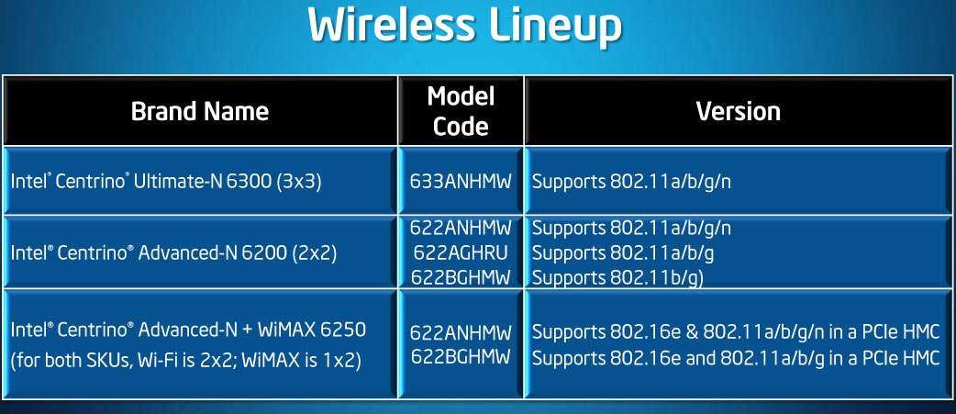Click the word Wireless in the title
click(392, 26)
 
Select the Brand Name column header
click(200, 112)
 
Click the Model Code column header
click(461, 111)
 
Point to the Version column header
click(739, 112)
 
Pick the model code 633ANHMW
click(461, 182)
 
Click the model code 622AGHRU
click(461, 252)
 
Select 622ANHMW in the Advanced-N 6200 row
click(461, 228)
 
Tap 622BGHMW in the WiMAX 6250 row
click(461, 357)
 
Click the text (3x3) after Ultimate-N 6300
click(299, 182)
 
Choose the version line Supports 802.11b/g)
click(617, 277)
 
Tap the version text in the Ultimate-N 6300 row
click(631, 183)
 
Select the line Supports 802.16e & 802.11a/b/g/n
click(735, 333)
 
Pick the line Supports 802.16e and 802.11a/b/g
click(735, 358)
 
